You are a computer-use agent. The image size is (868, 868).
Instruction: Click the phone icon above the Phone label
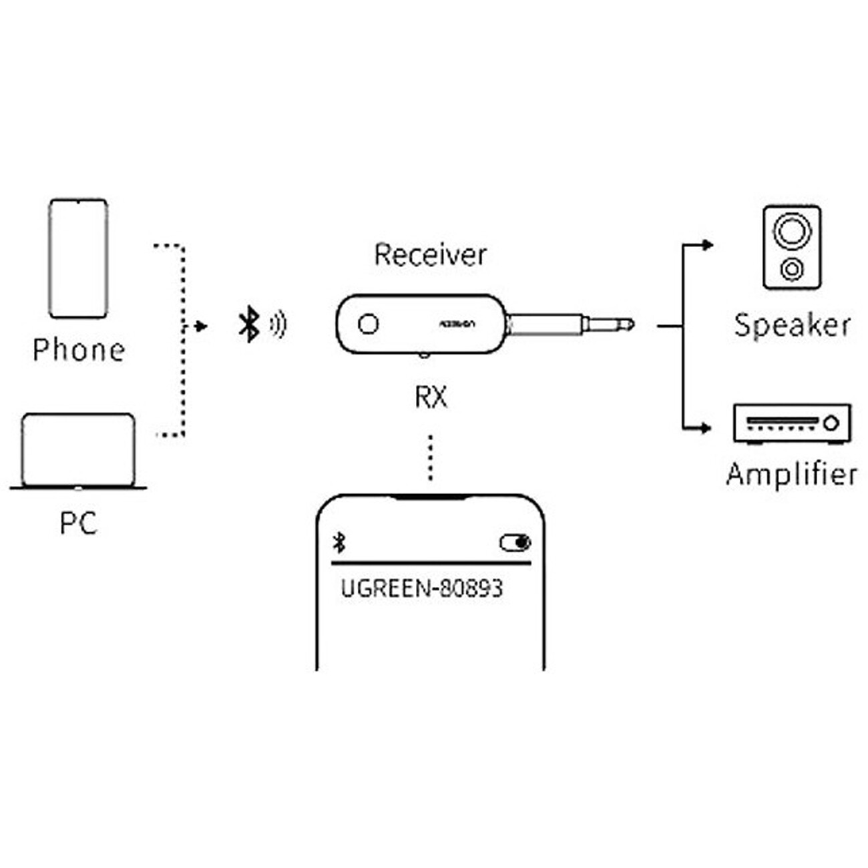(78, 258)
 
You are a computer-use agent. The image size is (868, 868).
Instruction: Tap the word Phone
(79, 350)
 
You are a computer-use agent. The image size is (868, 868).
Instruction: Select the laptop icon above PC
(78, 451)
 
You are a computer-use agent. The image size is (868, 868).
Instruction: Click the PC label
(78, 523)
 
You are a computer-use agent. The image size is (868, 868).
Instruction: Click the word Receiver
(430, 254)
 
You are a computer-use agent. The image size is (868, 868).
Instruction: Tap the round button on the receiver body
(368, 324)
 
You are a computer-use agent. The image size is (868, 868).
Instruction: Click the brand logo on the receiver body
(457, 324)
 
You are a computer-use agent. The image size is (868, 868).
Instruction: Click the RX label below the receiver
(431, 397)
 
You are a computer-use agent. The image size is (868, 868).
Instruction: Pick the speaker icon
(792, 248)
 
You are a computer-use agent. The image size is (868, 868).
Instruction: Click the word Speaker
(793, 325)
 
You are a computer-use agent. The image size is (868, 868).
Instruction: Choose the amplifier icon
(792, 423)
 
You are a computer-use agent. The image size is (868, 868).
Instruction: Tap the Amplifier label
(792, 474)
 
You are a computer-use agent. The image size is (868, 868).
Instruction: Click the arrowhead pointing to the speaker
(707, 245)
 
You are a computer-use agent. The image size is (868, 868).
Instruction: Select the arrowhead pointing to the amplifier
(707, 428)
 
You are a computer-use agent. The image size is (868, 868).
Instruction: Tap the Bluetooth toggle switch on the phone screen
(515, 543)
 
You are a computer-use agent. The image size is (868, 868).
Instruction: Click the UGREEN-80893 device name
(421, 588)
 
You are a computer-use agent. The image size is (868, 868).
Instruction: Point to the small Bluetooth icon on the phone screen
(339, 543)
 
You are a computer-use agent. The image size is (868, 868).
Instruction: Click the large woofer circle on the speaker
(792, 231)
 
